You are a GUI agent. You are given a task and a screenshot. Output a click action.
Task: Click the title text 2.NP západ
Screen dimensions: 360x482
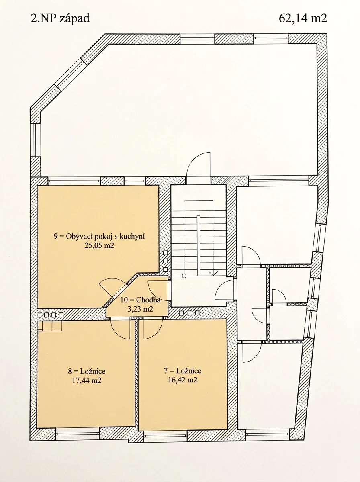click(60, 18)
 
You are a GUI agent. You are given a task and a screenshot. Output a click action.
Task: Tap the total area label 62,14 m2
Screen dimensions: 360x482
click(303, 18)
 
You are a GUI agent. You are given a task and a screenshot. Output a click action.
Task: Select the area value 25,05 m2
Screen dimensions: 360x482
click(99, 245)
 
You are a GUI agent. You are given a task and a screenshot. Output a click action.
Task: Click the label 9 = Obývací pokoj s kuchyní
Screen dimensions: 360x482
click(99, 237)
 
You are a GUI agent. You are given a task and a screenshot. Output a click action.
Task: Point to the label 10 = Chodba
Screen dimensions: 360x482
click(140, 300)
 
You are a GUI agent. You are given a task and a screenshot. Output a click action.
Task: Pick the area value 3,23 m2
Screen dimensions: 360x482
click(140, 309)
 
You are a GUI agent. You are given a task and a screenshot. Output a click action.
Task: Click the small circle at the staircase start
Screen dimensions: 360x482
click(184, 276)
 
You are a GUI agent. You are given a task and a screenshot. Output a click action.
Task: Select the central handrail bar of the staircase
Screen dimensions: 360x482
click(198, 245)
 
